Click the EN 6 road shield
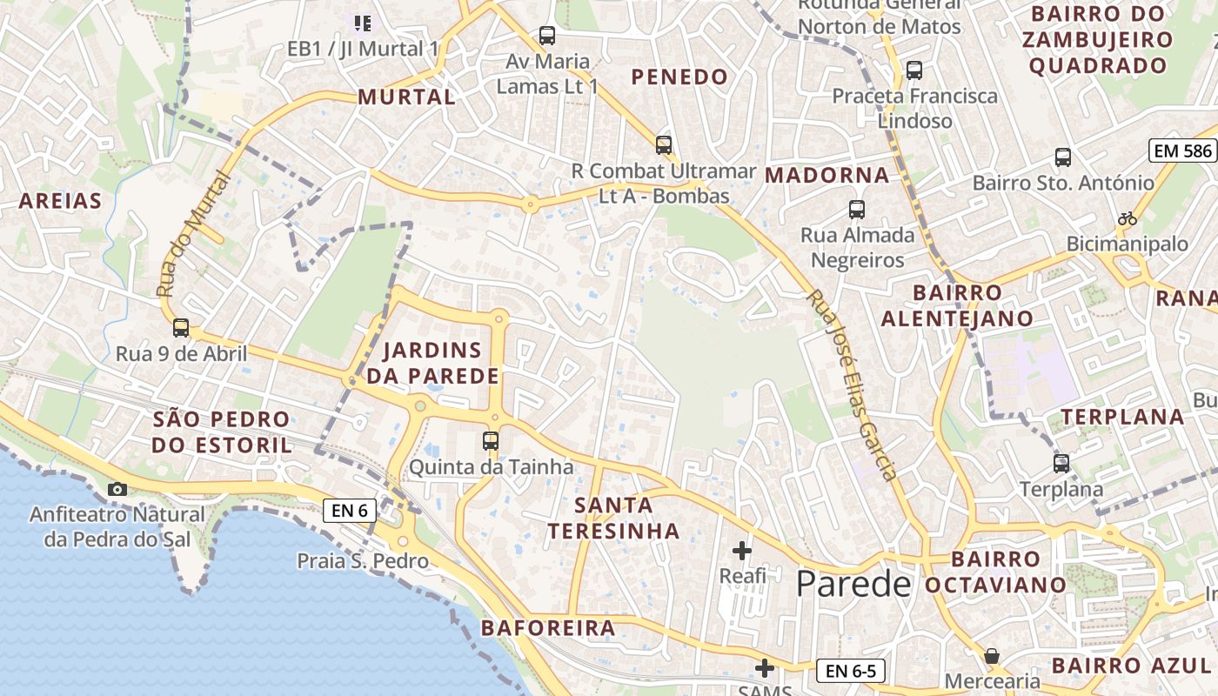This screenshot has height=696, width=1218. coord(350,511)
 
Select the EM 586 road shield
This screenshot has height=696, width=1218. coord(1181,151)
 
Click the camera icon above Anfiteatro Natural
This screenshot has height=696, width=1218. coord(117,489)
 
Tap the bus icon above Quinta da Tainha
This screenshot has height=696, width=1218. coord(491,441)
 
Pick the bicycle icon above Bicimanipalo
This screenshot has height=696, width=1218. coord(1128,218)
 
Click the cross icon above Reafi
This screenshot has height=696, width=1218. coord(742,551)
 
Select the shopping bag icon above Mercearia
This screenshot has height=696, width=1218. coord(992,656)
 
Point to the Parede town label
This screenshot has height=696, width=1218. coord(853,585)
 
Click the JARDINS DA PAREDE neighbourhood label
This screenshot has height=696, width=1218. coord(432,364)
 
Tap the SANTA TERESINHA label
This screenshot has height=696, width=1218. coord(614,518)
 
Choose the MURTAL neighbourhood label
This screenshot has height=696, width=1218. coord(406,97)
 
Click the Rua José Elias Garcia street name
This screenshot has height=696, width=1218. coord(851,385)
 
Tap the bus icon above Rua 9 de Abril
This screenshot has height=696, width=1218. coord(181,328)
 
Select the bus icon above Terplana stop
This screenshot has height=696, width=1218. coord(1061,463)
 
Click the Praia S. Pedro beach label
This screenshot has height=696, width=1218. coord(363,560)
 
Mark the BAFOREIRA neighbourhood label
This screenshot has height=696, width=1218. coord(548,627)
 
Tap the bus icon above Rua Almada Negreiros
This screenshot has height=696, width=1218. coord(857,210)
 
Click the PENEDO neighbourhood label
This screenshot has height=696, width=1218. coord(679,77)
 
